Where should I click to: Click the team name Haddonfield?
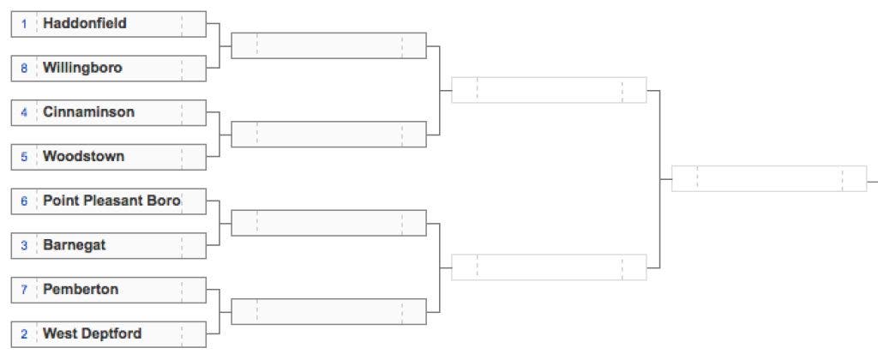click(x=85, y=23)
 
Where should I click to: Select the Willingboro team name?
click(x=82, y=69)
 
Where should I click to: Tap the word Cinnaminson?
click(x=88, y=112)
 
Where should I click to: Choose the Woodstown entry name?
click(x=83, y=156)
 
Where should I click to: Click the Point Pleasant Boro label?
click(x=111, y=201)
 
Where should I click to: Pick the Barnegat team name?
click(x=74, y=245)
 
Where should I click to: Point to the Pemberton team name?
click(x=81, y=290)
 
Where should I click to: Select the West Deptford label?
click(x=92, y=334)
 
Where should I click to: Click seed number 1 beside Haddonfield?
click(x=24, y=24)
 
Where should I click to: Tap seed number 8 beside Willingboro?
click(x=24, y=69)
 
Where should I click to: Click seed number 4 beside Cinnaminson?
click(x=24, y=112)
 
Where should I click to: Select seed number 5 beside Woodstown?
click(x=24, y=157)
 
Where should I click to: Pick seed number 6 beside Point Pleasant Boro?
click(x=24, y=201)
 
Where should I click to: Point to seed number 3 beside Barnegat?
click(x=24, y=246)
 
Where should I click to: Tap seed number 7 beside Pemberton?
click(x=24, y=290)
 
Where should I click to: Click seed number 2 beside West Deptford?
click(x=24, y=334)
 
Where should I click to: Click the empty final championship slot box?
click(x=769, y=178)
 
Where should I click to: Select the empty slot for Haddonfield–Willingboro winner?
click(x=328, y=46)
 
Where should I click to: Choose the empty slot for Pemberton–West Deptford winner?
click(x=328, y=312)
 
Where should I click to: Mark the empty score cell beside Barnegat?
click(x=194, y=246)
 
